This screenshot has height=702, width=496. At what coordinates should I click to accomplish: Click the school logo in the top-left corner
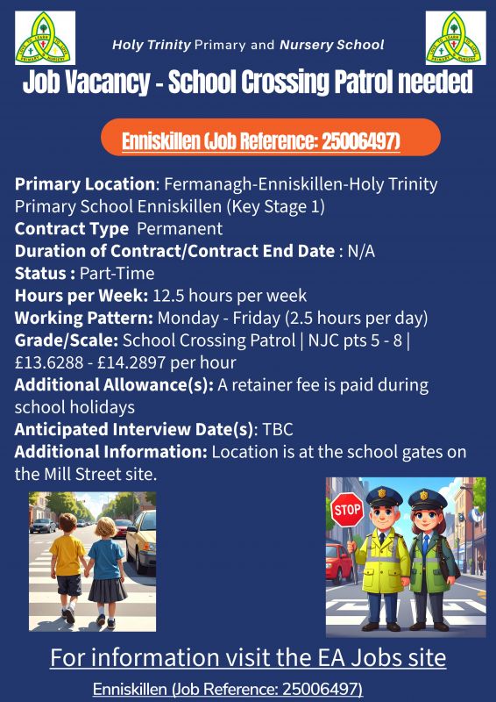pyautogui.click(x=45, y=39)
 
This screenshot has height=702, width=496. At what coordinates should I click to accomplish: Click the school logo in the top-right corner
pyautogui.click(x=456, y=39)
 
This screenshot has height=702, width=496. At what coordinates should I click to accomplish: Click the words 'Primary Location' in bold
pyautogui.click(x=84, y=185)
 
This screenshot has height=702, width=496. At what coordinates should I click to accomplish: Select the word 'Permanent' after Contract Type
pyautogui.click(x=180, y=229)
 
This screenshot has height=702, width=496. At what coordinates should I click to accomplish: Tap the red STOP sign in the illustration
pyautogui.click(x=347, y=510)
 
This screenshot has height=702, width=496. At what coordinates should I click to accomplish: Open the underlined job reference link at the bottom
pyautogui.click(x=228, y=689)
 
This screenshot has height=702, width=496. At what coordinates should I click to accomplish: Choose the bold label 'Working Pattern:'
pyautogui.click(x=70, y=318)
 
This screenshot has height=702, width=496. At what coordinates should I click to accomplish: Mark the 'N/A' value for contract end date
pyautogui.click(x=361, y=252)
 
